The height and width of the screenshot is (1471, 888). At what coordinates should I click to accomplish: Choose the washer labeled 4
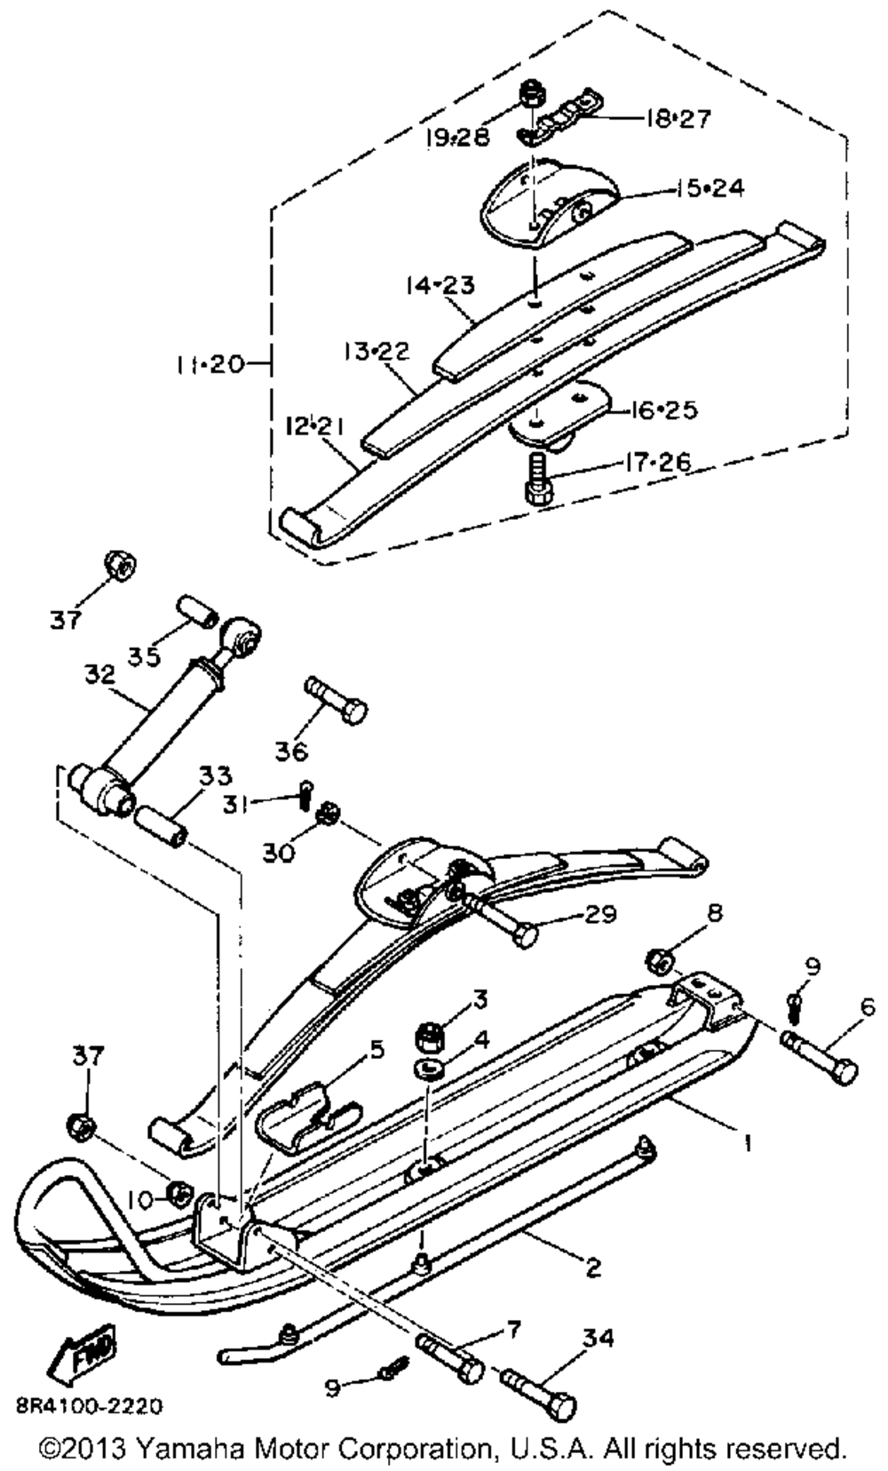[x=432, y=1065]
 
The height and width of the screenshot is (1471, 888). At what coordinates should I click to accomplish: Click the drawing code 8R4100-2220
[x=89, y=1406]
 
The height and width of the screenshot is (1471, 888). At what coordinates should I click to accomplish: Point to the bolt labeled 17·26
[x=538, y=481]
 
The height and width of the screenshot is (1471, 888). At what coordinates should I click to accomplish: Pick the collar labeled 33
[x=160, y=822]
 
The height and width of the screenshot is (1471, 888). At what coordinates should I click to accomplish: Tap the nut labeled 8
[x=659, y=959]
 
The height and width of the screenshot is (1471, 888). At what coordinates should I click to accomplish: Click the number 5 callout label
[x=377, y=1049]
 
